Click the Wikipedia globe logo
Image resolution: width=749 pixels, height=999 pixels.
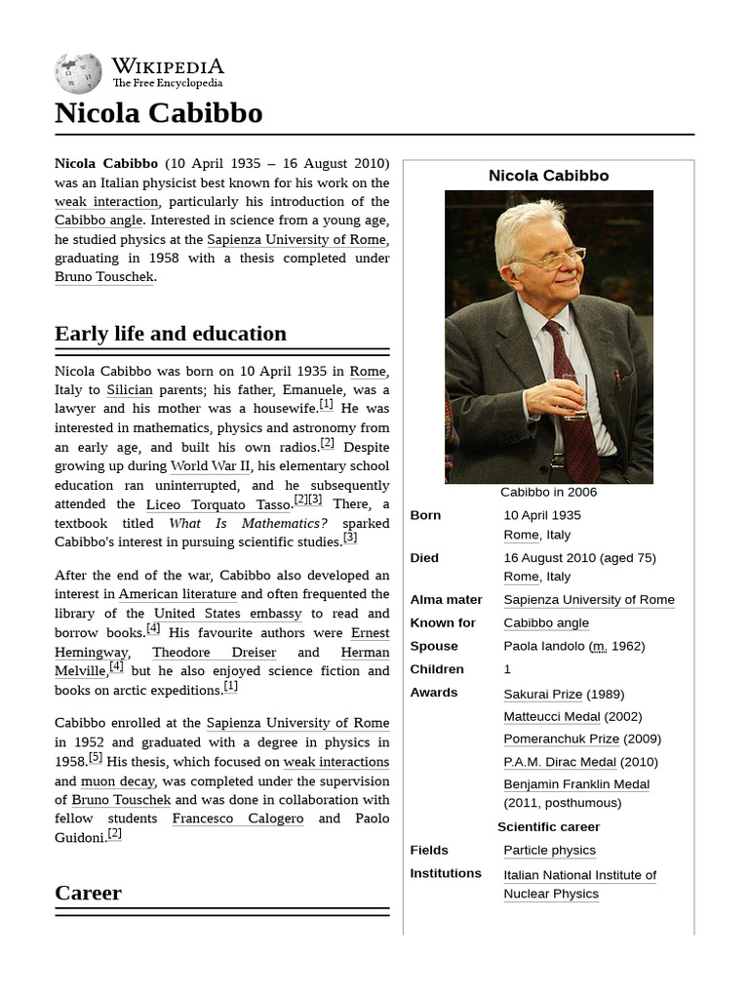[x=78, y=74]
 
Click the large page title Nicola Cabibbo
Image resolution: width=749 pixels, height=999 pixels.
[x=158, y=113]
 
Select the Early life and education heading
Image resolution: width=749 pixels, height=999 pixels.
[x=171, y=334]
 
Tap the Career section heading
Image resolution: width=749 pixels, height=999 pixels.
[x=88, y=893]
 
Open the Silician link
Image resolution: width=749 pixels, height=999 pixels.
[x=130, y=389]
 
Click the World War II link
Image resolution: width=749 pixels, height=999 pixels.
[x=210, y=466]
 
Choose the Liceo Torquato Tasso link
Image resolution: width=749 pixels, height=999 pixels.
[x=218, y=504]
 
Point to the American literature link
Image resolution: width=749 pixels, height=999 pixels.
[x=177, y=594]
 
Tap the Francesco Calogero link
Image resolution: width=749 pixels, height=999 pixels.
[x=237, y=819]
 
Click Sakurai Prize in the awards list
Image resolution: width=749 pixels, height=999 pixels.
[x=542, y=694]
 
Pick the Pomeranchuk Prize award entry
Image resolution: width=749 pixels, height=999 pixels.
[x=561, y=739]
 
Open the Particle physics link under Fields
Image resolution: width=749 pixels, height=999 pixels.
[x=549, y=851]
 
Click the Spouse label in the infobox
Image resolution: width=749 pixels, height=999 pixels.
[x=434, y=646]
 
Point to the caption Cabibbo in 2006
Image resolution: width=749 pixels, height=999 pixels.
[x=548, y=493]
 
